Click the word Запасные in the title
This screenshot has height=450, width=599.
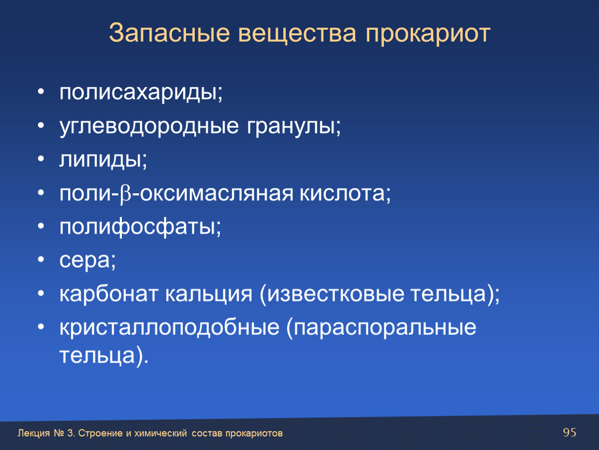pyautogui.click(x=169, y=33)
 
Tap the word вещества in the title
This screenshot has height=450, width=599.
pyautogui.click(x=297, y=34)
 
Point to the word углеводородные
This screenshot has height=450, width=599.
pyautogui.click(x=149, y=127)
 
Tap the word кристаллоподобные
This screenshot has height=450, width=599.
pyautogui.click(x=169, y=328)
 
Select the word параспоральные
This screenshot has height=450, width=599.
pyautogui.click(x=381, y=328)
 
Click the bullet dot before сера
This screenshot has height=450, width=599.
pyautogui.click(x=41, y=259)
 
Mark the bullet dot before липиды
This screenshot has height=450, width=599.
pyautogui.click(x=41, y=158)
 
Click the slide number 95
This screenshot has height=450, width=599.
pyautogui.click(x=570, y=432)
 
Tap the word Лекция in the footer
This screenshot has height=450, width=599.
pyautogui.click(x=34, y=433)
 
